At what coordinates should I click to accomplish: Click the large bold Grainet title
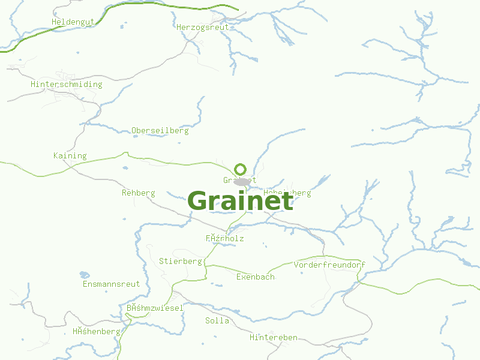[x=241, y=201]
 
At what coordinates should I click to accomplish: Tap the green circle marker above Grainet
[x=241, y=169]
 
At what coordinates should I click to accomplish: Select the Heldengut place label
[x=73, y=22]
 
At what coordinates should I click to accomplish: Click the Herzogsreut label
[x=203, y=27]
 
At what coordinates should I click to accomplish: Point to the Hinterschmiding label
[x=67, y=85]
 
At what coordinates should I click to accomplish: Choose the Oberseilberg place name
[x=160, y=130]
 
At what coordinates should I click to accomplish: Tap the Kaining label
[x=70, y=156]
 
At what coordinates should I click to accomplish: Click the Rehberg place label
[x=139, y=193]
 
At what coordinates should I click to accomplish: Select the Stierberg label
[x=181, y=262]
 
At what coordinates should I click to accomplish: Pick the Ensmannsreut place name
[x=112, y=284]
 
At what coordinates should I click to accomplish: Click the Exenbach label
[x=256, y=277]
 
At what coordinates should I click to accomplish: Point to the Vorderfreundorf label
[x=329, y=265]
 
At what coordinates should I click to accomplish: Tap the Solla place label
[x=217, y=320]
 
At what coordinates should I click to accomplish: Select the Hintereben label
[x=274, y=338]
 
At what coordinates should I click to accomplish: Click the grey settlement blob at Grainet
[x=242, y=181]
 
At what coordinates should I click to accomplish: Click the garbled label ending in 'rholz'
[x=225, y=238]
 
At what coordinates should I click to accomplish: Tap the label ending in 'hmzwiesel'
[x=155, y=308]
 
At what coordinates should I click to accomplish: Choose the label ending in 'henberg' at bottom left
[x=97, y=331]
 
